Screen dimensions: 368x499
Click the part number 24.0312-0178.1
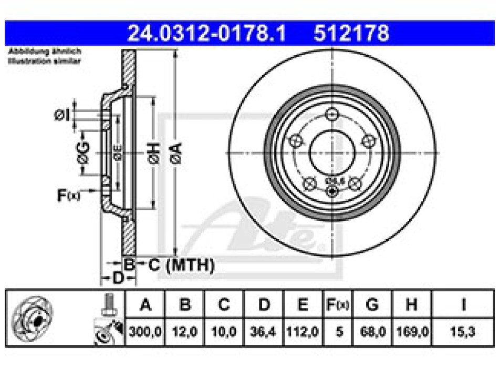pos(207,34)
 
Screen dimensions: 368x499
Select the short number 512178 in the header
pos(351,34)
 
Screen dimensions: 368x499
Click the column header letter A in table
pos(145,305)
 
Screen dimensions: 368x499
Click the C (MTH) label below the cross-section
pos(181,265)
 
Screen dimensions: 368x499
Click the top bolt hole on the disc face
pos(331,114)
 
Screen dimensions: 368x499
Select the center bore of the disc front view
pos(332,153)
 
